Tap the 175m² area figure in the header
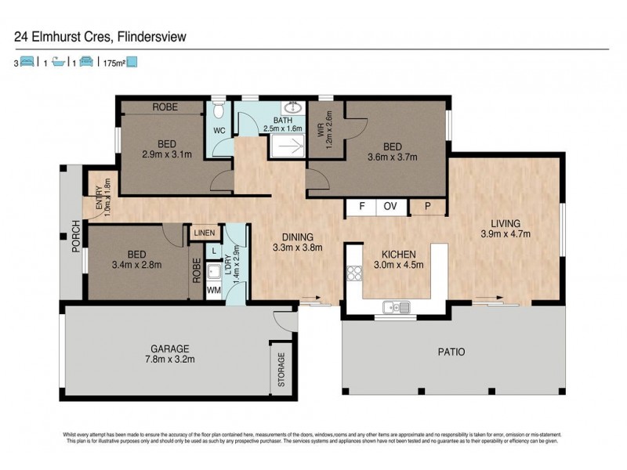point(114,63)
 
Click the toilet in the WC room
point(219,107)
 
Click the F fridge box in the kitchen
point(361,208)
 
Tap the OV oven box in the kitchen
point(390,208)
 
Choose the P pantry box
point(428,208)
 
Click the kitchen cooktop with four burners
point(354,274)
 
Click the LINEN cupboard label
point(204,233)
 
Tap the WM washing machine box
point(213,291)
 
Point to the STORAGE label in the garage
point(281,369)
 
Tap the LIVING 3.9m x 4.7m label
point(506,227)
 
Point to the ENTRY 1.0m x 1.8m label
point(102,197)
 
